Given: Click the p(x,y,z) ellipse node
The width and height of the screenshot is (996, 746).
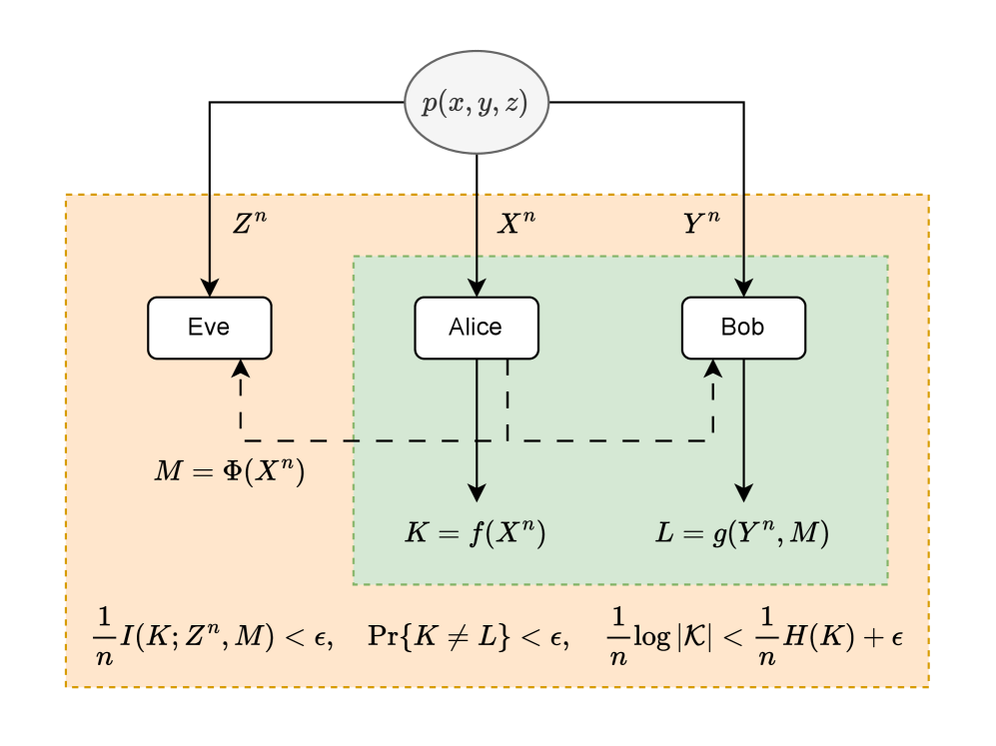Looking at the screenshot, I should point(477,103).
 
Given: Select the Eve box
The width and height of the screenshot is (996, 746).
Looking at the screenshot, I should point(209,328).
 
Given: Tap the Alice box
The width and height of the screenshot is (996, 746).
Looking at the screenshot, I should point(477,328).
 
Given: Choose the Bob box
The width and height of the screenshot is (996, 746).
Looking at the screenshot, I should point(743,328).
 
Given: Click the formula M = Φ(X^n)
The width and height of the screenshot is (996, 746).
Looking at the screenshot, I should point(229,471).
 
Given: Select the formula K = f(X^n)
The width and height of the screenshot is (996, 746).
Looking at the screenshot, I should point(475,533).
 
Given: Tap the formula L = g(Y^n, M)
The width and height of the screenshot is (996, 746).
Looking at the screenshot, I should point(741,533).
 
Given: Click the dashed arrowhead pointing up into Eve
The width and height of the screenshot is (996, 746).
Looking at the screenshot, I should point(241,368).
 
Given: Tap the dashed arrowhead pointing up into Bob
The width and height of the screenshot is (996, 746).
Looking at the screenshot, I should point(713,368).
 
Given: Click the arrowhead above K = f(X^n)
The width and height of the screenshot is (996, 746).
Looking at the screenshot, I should point(477,491).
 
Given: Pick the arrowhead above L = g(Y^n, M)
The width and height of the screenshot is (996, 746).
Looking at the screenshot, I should point(743,491).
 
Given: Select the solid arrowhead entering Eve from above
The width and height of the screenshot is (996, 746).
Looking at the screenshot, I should point(209,288).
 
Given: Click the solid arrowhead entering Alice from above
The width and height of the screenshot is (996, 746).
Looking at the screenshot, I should point(477,288).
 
